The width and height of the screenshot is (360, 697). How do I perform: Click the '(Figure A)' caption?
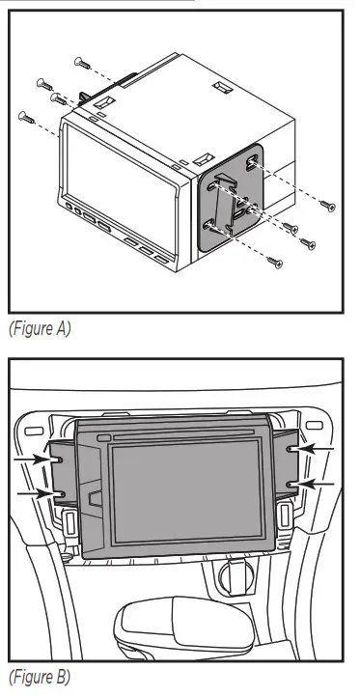tap(40, 329)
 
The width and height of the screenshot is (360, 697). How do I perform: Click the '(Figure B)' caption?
tap(40, 676)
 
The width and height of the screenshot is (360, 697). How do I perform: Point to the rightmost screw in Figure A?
tap(328, 205)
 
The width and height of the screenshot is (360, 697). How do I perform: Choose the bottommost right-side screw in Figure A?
tap(275, 260)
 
